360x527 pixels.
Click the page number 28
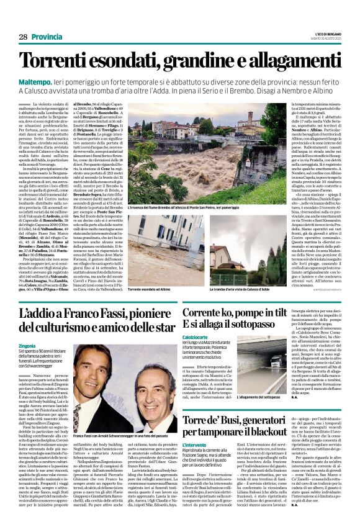[24, 37]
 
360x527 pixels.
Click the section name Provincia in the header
[47, 37]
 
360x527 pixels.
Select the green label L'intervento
[194, 446]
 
